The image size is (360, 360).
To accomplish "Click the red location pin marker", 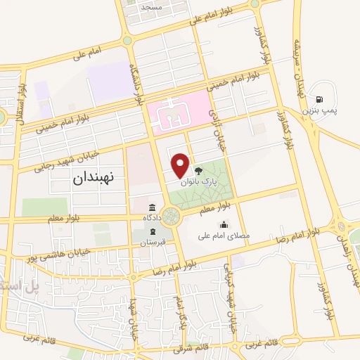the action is [x=181, y=165].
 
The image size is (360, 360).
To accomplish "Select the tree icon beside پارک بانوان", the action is [x=198, y=170].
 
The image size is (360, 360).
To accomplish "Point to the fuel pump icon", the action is [x=321, y=101].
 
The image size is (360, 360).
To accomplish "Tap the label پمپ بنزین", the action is [x=319, y=111].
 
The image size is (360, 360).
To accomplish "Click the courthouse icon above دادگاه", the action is [x=153, y=207].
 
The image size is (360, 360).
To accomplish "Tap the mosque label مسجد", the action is [x=151, y=6].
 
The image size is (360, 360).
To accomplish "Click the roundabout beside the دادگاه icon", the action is [x=170, y=217].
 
